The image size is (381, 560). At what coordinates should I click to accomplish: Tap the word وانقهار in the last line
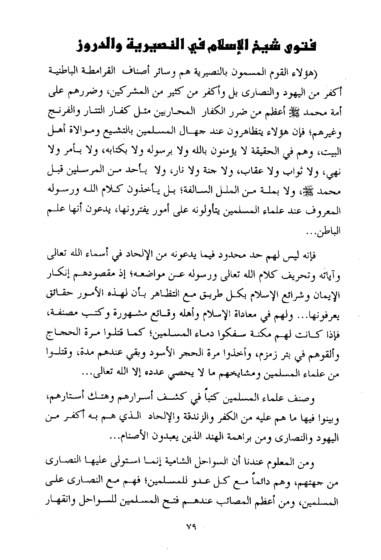(x=59, y=504)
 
